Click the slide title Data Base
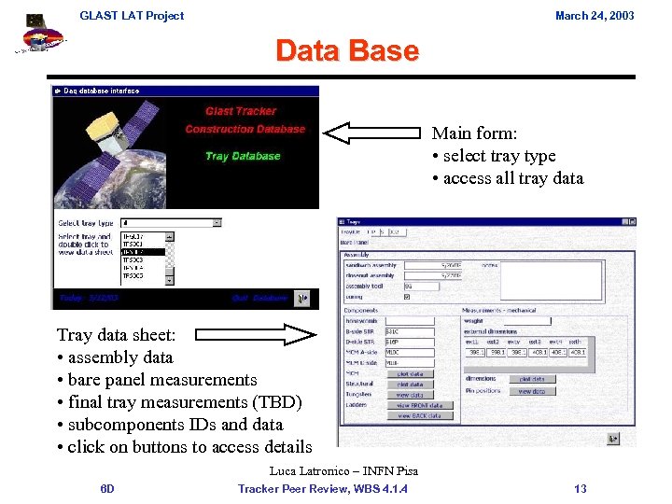[346, 50]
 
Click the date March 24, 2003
[595, 15]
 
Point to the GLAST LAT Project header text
[132, 15]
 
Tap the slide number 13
[580, 488]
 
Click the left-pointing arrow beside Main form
[372, 133]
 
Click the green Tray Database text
[243, 156]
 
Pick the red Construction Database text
[245, 130]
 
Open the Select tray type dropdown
[217, 223]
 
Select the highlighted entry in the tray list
[144, 252]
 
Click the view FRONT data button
[419, 406]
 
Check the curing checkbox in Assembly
[407, 297]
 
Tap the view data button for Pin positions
[531, 391]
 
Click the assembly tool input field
[433, 287]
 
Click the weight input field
[525, 320]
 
